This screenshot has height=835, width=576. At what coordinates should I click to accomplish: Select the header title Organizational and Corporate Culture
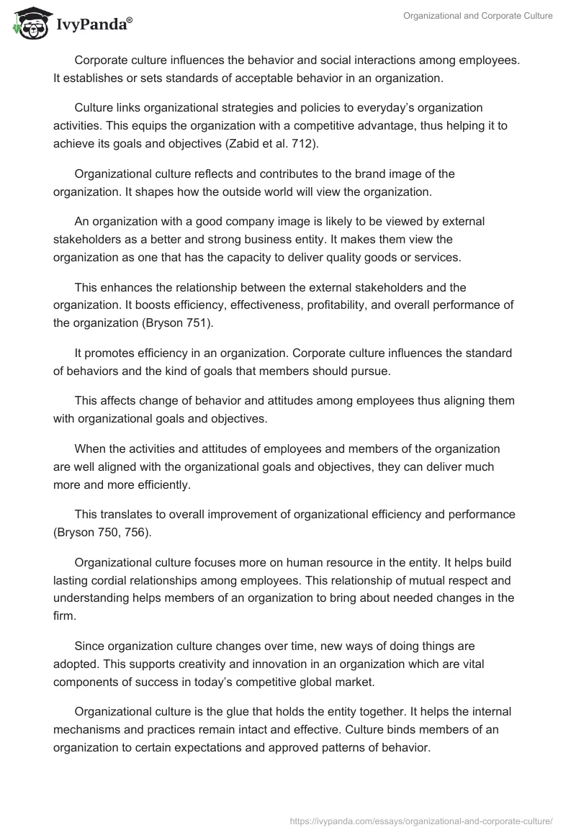click(478, 16)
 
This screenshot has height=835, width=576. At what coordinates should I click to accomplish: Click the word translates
click(127, 515)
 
